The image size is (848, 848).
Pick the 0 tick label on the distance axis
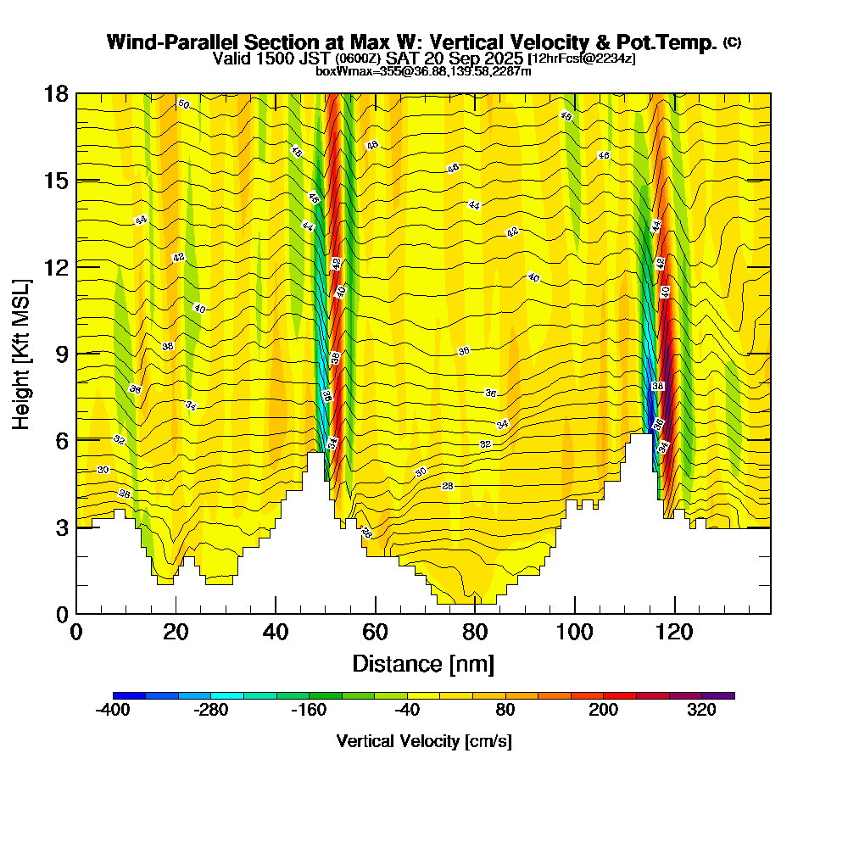[x=76, y=633]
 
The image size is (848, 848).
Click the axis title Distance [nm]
[x=423, y=662]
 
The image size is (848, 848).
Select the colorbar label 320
[x=701, y=711]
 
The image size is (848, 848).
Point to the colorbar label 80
[x=505, y=711]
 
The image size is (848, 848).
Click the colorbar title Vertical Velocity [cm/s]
[x=423, y=741]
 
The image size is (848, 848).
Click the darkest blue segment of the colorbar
[x=129, y=695]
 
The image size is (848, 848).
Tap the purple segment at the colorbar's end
[x=718, y=695]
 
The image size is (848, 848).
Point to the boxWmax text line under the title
[x=423, y=71]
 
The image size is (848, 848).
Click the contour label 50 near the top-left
[x=183, y=104]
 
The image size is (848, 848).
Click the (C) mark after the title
[x=732, y=42]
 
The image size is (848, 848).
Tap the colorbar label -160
[x=309, y=711]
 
